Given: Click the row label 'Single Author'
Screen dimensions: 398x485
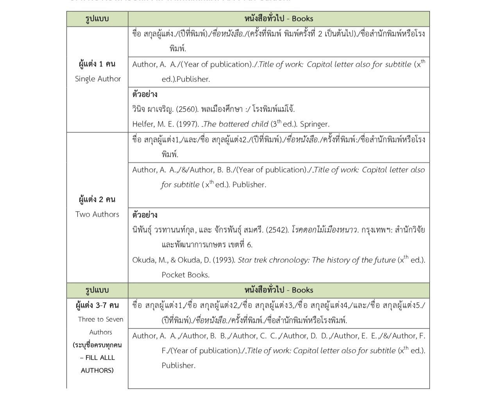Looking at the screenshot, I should [98, 79].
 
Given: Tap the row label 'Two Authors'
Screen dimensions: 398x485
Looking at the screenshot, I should [97, 214].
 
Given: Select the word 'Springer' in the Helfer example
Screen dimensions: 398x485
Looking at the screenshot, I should [315, 124].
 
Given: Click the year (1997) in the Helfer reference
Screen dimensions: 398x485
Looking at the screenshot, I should [187, 124].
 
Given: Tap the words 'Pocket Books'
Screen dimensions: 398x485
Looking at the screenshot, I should [185, 275].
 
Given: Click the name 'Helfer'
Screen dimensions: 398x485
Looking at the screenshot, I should [143, 124].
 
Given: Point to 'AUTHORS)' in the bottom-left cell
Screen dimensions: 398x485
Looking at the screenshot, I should [97, 370].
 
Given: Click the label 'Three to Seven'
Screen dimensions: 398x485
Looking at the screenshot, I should [100, 319].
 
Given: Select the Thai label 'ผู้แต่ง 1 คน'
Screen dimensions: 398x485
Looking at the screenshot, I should [97, 64].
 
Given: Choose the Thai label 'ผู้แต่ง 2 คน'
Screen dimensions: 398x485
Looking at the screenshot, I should [97, 200].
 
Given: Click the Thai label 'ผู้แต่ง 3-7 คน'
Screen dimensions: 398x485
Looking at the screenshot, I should [97, 305].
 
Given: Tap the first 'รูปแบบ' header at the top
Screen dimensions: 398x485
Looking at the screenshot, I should [97, 19].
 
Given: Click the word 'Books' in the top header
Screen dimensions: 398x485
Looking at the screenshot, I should [302, 19].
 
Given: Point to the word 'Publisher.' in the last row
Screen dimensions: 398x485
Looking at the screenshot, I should [178, 366].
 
